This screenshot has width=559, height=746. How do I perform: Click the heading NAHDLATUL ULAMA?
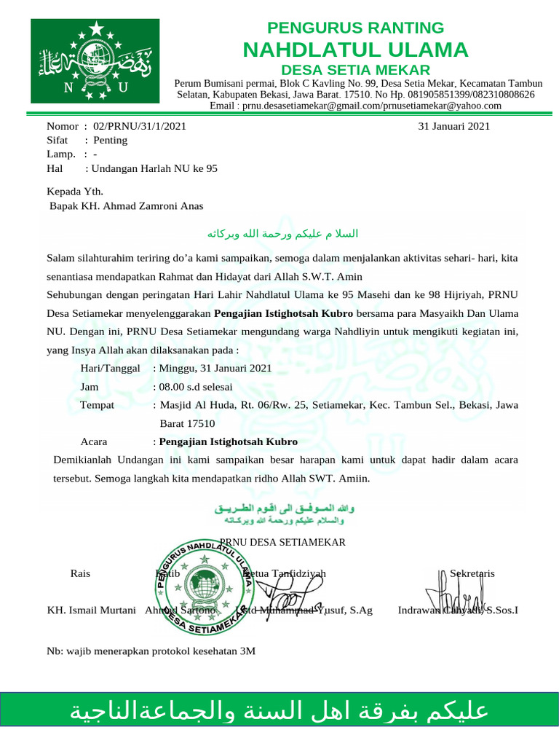tap(355, 50)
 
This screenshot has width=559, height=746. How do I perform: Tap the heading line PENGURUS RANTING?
tap(355, 28)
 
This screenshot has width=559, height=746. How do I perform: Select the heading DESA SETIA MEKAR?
tap(355, 70)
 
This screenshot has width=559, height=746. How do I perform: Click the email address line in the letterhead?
tap(355, 106)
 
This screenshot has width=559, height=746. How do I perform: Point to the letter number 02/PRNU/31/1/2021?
tap(135, 126)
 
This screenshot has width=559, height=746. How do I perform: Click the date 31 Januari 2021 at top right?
tap(453, 126)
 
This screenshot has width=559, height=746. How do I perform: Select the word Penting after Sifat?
tap(110, 140)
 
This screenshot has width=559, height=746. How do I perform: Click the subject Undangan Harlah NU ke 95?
tap(153, 168)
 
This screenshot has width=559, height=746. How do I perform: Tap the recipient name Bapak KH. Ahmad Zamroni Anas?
tap(126, 206)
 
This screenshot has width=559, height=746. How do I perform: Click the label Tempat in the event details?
tap(97, 405)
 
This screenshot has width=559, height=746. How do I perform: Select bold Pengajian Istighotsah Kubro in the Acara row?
tap(229, 441)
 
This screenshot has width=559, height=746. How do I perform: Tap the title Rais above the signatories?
tap(80, 573)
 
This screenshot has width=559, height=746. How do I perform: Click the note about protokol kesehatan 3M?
tap(151, 651)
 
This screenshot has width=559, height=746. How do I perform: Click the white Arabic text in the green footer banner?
tap(279, 712)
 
